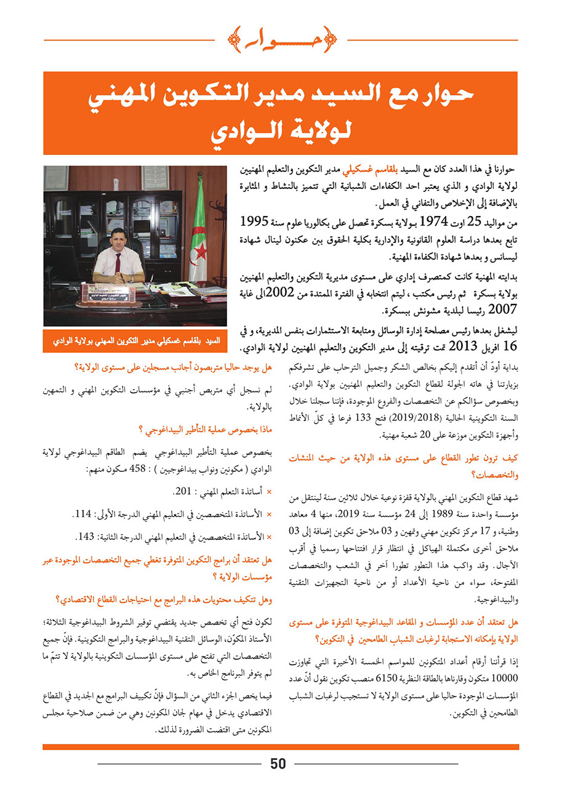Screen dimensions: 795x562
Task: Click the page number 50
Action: (278, 764)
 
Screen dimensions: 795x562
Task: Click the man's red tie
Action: (118, 261)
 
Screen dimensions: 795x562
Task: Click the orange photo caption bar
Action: (135, 340)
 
